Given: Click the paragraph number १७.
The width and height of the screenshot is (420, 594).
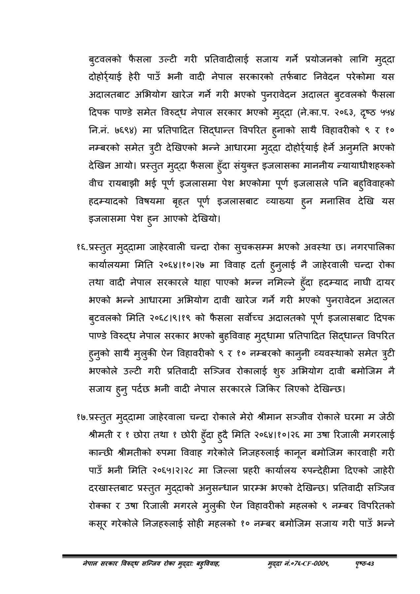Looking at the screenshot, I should coord(80,417).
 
